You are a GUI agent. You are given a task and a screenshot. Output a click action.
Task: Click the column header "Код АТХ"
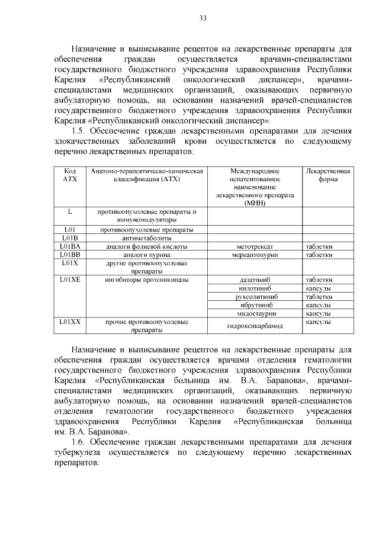[x=70, y=175]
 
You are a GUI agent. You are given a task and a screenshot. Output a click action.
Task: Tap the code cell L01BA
[x=70, y=246]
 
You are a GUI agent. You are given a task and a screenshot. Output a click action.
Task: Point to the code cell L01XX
[x=70, y=322]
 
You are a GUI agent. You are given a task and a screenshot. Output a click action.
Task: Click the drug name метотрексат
[x=255, y=246]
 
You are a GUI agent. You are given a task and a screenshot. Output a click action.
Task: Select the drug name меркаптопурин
[x=255, y=255]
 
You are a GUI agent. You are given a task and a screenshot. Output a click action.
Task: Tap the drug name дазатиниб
[x=255, y=280]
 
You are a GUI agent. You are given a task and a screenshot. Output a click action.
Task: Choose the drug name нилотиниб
[x=255, y=288]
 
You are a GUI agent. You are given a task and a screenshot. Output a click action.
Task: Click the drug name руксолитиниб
[x=255, y=296]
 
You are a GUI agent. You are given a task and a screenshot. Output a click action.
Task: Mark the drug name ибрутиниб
[x=255, y=304]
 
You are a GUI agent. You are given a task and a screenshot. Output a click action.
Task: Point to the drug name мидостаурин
[x=255, y=313]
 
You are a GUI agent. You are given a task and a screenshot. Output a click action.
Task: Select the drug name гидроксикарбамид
[x=255, y=326]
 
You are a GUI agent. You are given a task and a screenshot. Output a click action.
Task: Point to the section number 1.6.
[x=80, y=442]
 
